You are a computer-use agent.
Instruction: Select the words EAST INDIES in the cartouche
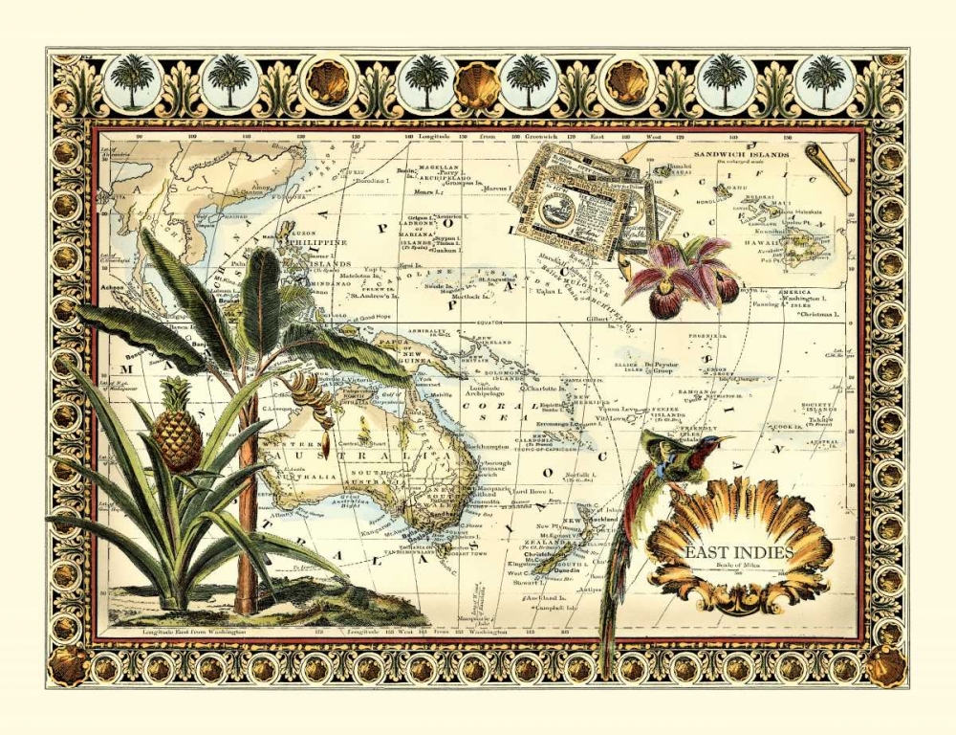point(739,552)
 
